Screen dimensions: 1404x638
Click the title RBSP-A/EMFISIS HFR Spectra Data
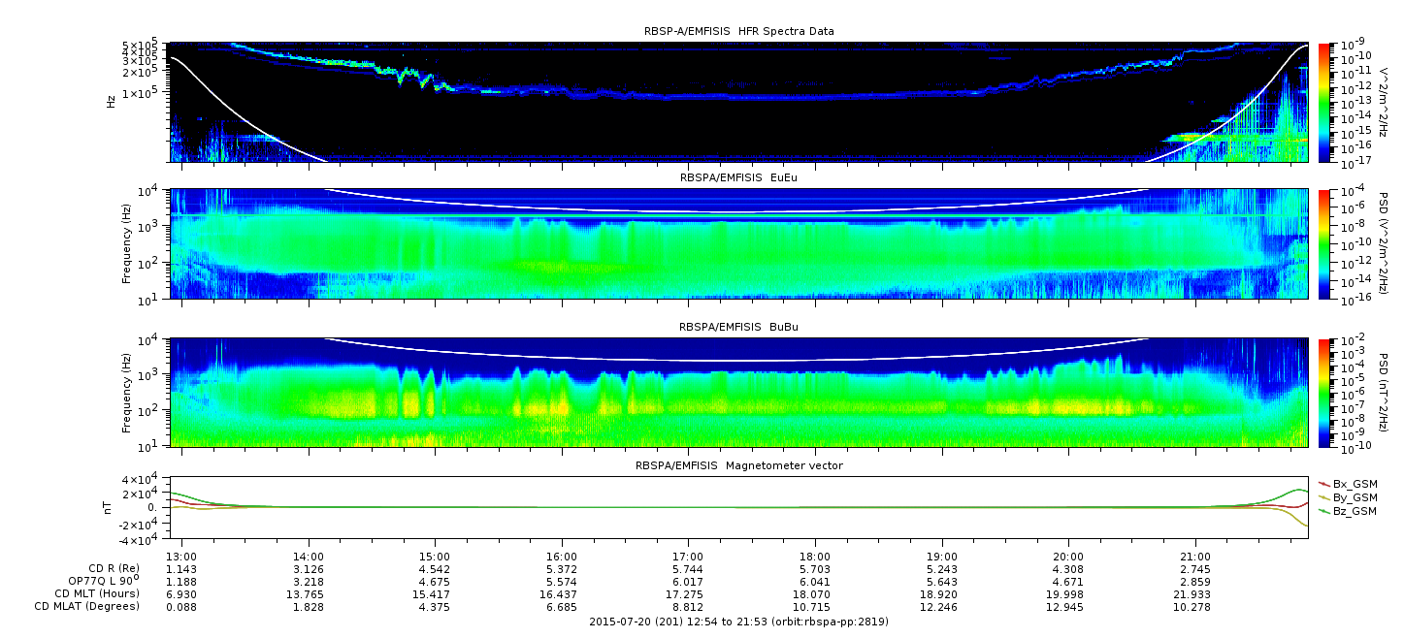[x=739, y=31]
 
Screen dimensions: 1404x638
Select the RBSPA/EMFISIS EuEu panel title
[x=738, y=177]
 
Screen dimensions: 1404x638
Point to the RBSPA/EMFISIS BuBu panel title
[x=738, y=327]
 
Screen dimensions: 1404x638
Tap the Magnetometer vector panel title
[x=739, y=465]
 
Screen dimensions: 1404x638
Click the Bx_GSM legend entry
[x=1348, y=484]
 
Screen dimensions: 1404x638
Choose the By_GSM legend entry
[x=1348, y=497]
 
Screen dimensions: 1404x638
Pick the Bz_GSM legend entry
[x=1348, y=511]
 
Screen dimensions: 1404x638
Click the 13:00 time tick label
[x=181, y=557]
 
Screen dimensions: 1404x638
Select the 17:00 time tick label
[x=688, y=557]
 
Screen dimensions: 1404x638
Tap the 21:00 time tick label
[x=1195, y=557]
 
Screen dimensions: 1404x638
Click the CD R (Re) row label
[x=114, y=568]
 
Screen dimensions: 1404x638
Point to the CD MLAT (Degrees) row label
[x=86, y=606]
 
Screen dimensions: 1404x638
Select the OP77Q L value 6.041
[x=815, y=582]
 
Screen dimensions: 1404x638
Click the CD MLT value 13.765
[x=308, y=594]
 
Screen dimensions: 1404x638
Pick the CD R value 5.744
[x=688, y=569]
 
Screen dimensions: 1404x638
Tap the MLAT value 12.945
[x=1068, y=607]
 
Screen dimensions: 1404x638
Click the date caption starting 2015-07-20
[x=738, y=622]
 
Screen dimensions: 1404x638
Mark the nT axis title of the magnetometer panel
[x=108, y=507]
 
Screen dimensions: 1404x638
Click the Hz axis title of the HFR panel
[x=111, y=102]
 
